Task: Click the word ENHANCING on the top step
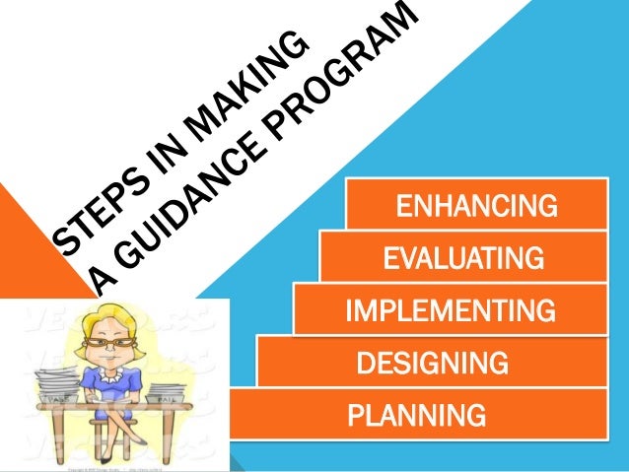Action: coord(475,207)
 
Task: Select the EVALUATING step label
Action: coord(462,260)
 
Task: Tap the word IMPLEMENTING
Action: coord(450,313)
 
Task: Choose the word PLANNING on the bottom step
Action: coord(416,415)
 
